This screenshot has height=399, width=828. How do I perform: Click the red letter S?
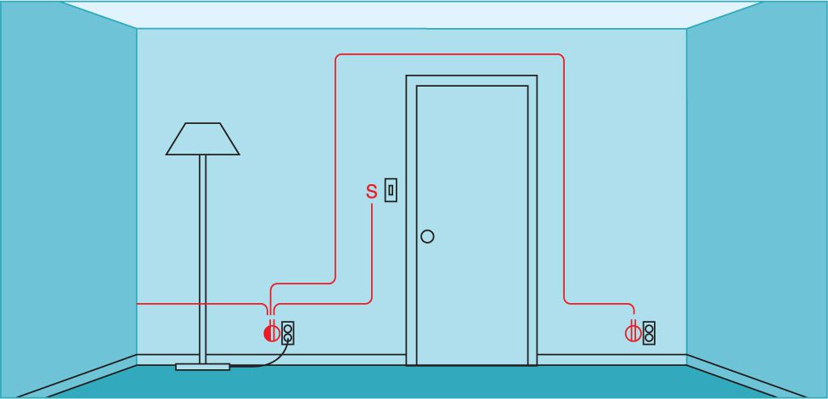tap(372, 191)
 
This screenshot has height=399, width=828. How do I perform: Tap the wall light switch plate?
tap(391, 190)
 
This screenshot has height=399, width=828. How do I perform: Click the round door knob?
tap(427, 237)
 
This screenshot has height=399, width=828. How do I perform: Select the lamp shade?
tap(203, 139)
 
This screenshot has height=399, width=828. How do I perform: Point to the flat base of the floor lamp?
tap(203, 366)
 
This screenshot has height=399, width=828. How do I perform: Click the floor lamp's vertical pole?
tap(203, 259)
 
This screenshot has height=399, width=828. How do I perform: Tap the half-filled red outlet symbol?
tap(271, 333)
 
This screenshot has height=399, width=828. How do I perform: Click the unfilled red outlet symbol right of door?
tap(633, 333)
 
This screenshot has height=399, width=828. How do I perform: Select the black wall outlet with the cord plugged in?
tap(288, 333)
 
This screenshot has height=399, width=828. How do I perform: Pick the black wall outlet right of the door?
tap(649, 333)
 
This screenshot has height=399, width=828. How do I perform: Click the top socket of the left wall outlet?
tap(288, 329)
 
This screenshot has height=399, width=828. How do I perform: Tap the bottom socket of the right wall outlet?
tap(649, 338)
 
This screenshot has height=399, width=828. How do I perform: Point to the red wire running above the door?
tap(450, 54)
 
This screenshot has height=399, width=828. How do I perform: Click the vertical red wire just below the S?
tap(372, 252)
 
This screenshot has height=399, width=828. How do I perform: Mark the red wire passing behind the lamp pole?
tap(203, 304)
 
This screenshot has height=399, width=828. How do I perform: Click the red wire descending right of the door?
tap(564, 179)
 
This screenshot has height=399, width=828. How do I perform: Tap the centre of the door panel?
tap(472, 225)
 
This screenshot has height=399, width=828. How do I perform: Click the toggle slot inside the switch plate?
tap(391, 190)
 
